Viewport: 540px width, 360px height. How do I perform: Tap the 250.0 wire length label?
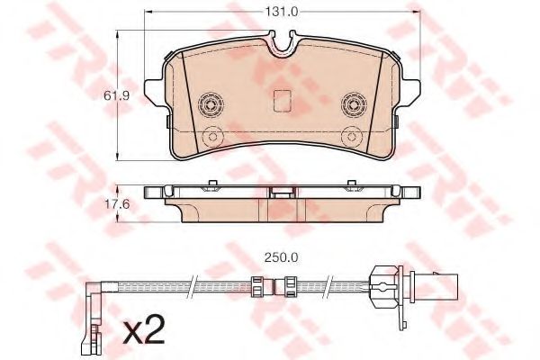pyautogui.click(x=282, y=254)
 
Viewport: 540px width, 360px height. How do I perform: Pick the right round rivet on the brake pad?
pyautogui.click(x=353, y=105)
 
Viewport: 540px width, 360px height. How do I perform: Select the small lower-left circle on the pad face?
pyautogui.click(x=212, y=137)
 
